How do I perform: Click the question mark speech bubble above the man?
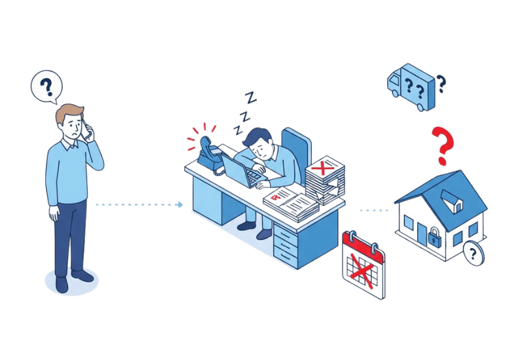[46, 86]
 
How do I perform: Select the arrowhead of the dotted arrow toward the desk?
[180, 204]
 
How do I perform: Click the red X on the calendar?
[362, 268]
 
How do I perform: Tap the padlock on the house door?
[434, 238]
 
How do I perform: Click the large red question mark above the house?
[443, 146]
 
